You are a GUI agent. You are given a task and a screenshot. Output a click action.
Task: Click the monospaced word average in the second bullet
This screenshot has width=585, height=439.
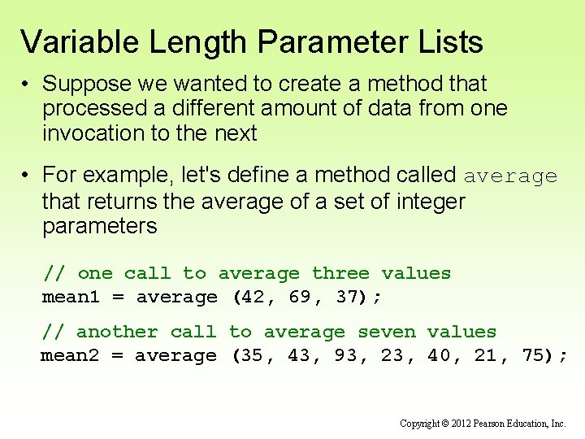[x=510, y=176]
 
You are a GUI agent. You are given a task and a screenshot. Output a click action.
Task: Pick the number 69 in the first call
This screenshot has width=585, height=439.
[x=299, y=298]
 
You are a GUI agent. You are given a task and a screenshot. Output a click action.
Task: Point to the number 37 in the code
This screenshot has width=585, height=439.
[x=347, y=298]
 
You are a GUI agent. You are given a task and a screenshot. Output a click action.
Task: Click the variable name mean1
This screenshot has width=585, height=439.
[x=71, y=298]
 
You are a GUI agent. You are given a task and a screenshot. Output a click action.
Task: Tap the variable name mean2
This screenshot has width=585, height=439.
[x=70, y=356]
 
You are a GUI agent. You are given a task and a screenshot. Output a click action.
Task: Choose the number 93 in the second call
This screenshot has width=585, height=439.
[x=346, y=356]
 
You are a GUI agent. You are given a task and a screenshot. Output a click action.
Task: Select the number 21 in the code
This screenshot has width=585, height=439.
[x=486, y=356]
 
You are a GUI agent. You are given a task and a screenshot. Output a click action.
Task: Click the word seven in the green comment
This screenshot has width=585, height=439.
[x=386, y=333]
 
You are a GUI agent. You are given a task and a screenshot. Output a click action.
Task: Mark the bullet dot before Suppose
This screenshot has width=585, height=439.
[x=26, y=85]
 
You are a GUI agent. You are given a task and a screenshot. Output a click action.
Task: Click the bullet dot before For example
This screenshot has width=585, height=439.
[x=26, y=176]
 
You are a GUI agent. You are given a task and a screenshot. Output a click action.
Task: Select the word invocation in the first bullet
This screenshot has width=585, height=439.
[x=93, y=133]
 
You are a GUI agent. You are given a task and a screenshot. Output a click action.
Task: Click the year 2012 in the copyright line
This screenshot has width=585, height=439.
[x=460, y=424]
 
